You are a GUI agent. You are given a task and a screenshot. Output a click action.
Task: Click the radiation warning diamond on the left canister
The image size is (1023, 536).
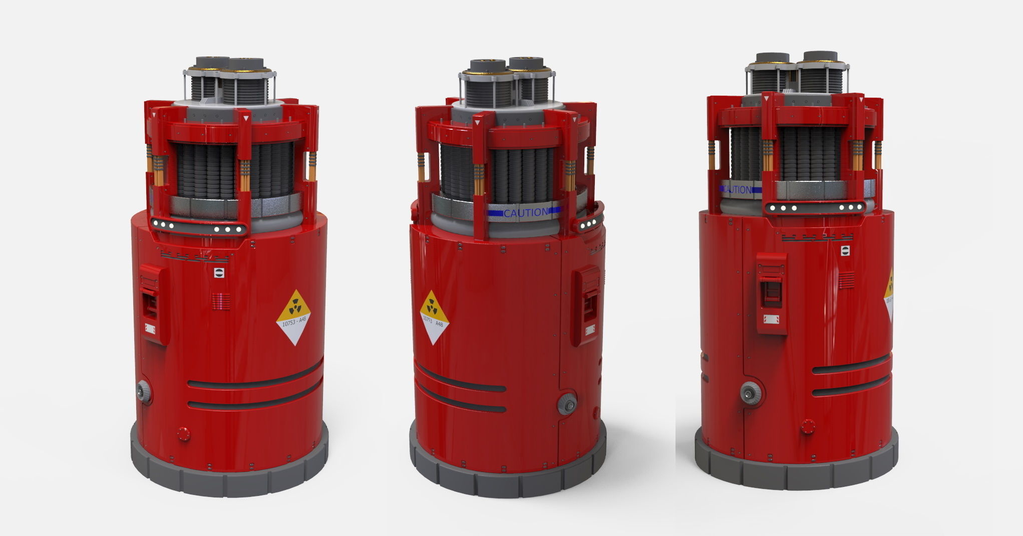click(x=293, y=317)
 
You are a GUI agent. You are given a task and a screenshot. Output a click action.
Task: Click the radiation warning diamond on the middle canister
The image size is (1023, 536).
click(x=434, y=317)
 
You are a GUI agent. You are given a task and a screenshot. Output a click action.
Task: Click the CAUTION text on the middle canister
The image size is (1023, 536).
click(x=525, y=213)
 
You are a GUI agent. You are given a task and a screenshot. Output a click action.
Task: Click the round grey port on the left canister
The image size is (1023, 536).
click(x=144, y=391)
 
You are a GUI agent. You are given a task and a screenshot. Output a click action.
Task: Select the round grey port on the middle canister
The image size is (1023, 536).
click(x=567, y=403)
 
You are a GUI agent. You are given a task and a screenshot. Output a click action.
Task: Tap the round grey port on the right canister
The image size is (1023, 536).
click(x=751, y=394)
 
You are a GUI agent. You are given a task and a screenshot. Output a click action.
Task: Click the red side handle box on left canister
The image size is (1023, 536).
click(x=153, y=304)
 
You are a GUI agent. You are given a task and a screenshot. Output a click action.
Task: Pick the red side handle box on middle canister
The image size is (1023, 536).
click(x=586, y=305)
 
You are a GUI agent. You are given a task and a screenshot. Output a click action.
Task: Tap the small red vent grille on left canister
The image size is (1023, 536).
click(x=221, y=301)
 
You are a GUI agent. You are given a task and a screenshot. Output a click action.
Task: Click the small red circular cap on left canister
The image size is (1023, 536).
click(x=184, y=433)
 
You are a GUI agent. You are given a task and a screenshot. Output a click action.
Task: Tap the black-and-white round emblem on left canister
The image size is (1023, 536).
click(x=219, y=273)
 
